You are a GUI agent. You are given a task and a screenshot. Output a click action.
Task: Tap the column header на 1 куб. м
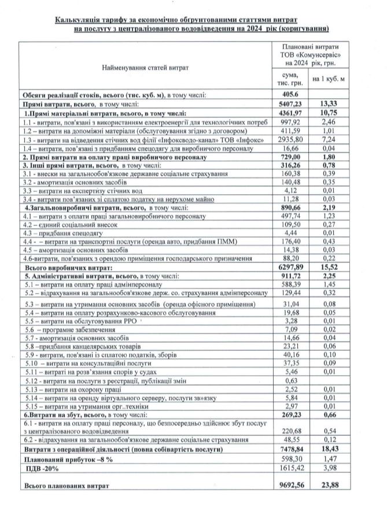point(328,79)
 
